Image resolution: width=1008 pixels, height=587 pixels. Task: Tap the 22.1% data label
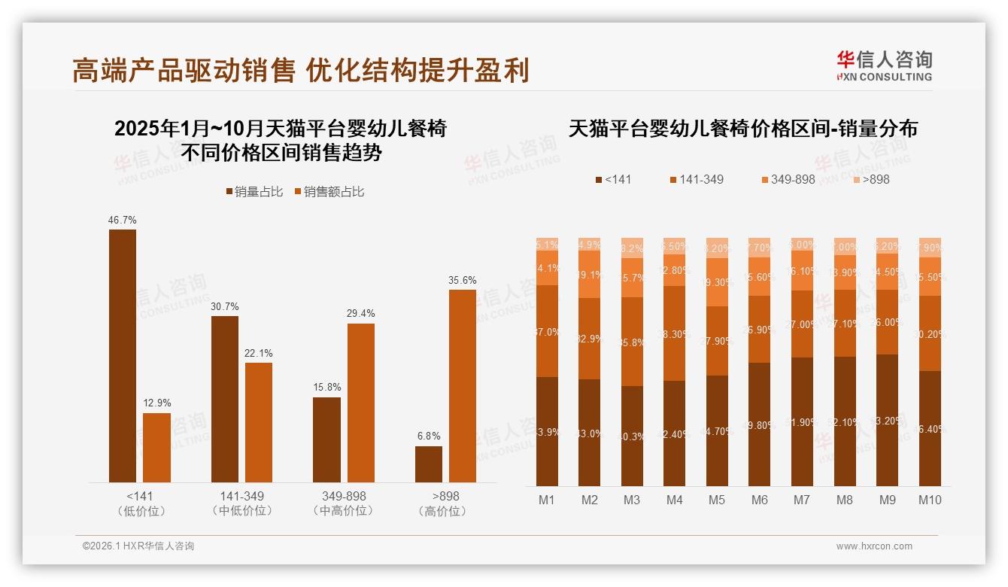point(260,353)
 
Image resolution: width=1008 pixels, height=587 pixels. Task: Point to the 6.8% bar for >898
point(429,464)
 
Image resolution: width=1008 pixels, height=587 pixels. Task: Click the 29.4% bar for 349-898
point(360,403)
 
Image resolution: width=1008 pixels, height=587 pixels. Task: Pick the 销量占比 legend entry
point(254,192)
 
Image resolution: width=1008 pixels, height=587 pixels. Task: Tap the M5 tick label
point(717,500)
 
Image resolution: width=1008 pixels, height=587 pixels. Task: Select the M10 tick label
point(930,500)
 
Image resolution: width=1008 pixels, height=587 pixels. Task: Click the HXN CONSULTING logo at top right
point(884,66)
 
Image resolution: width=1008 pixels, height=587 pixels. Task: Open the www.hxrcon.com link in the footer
point(874,546)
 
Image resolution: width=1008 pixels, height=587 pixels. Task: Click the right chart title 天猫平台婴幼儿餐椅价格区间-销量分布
point(742,129)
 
